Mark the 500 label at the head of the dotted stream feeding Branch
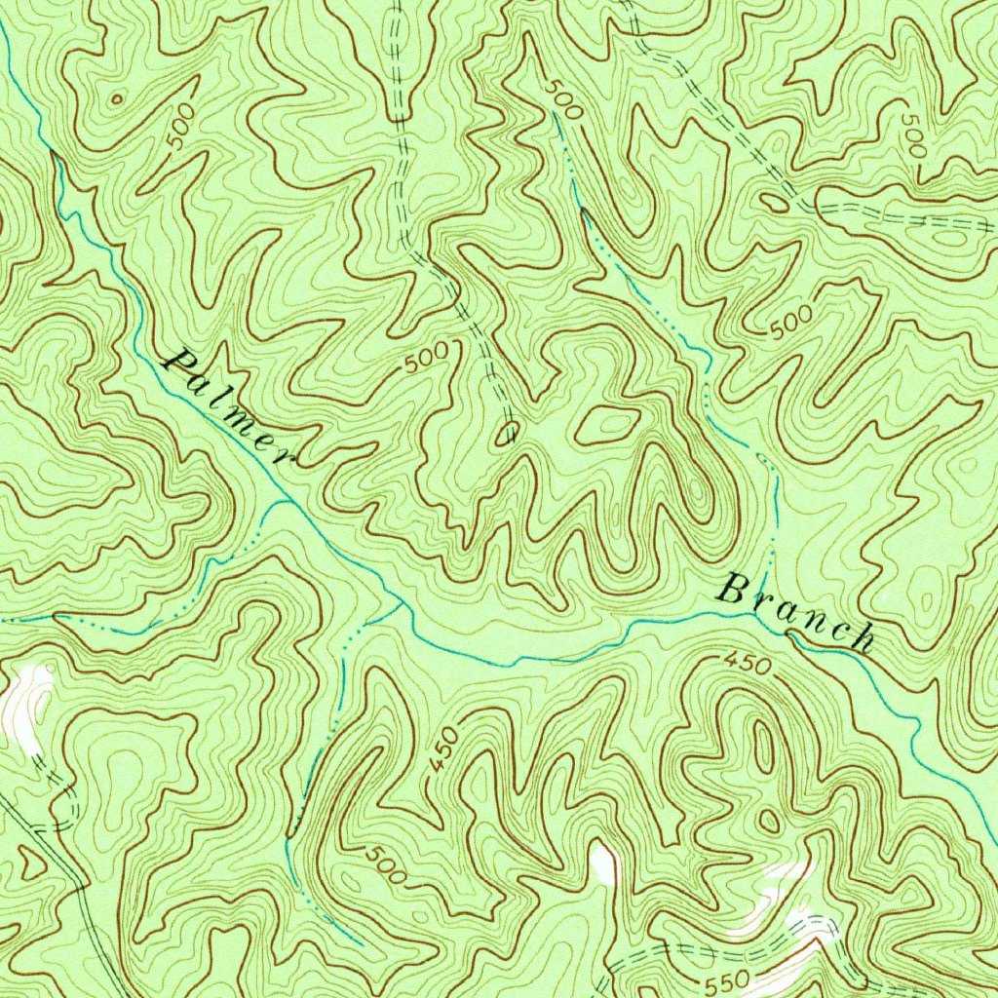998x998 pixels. click(x=562, y=99)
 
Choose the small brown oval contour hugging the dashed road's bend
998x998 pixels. click(x=775, y=203)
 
